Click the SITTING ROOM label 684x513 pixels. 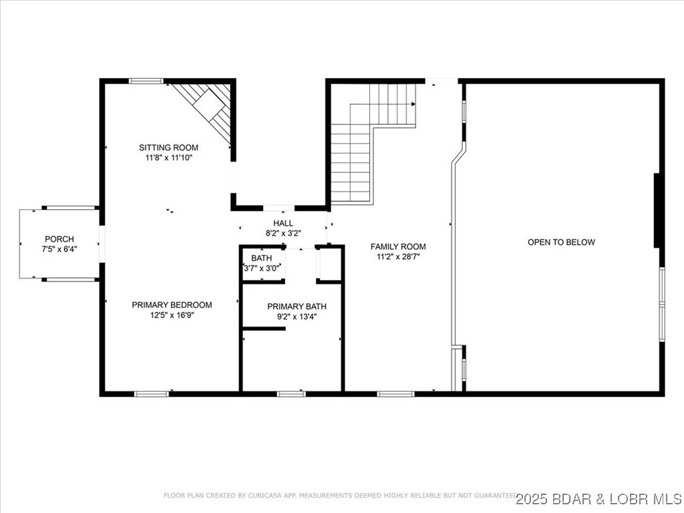(x=168, y=148)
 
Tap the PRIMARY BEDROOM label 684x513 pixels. (x=172, y=305)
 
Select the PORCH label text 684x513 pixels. (x=59, y=239)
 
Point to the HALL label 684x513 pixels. (x=283, y=223)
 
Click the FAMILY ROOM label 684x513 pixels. (x=398, y=246)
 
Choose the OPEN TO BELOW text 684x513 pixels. (x=561, y=242)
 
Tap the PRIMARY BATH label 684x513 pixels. (x=297, y=307)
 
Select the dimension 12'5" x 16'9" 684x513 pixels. (x=172, y=315)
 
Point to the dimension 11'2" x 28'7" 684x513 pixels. (x=398, y=256)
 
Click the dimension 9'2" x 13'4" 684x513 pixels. (x=297, y=317)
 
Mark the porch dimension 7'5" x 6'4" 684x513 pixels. (x=59, y=249)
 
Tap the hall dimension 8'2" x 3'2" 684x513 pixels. (x=283, y=233)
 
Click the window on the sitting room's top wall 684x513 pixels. (x=146, y=81)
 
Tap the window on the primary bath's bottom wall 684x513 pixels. (x=291, y=394)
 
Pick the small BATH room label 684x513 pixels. (x=261, y=258)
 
